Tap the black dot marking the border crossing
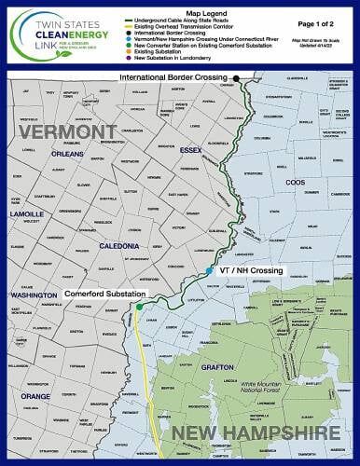point(237,78)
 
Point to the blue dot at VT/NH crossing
point(209,270)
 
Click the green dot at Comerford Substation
point(139,306)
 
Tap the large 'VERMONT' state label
point(64,133)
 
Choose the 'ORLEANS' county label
point(70,155)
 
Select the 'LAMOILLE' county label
point(30,212)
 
